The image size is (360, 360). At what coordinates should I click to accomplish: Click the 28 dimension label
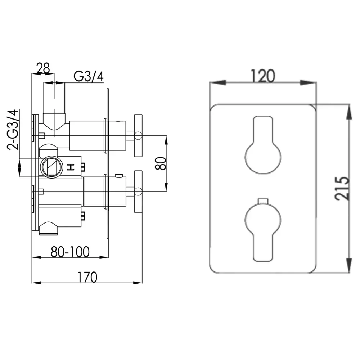(x=43, y=68)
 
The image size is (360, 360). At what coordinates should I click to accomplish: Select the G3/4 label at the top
(x=89, y=76)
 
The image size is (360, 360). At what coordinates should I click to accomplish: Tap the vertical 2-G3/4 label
(x=13, y=130)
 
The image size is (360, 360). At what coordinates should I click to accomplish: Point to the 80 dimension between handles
(x=161, y=163)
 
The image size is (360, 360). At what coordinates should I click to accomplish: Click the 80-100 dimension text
(x=70, y=252)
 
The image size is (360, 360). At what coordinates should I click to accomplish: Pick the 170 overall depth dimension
(x=87, y=277)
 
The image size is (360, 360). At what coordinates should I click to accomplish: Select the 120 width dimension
(x=263, y=76)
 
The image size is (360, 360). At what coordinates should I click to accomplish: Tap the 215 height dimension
(x=342, y=188)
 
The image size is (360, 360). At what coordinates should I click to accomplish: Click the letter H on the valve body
(x=71, y=167)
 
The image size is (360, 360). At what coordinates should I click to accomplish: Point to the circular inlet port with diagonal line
(x=52, y=167)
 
